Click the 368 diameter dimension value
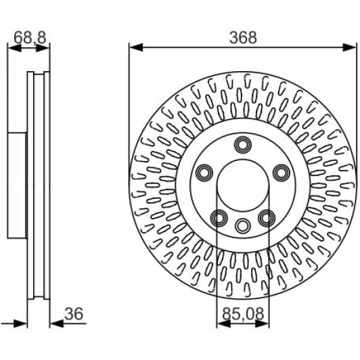[x=243, y=38]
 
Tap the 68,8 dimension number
[x=30, y=37]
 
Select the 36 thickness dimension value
[x=74, y=314]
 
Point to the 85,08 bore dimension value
[x=243, y=314]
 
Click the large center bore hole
[x=243, y=185]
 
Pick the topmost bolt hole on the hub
[x=243, y=145]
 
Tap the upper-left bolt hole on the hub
[x=204, y=173]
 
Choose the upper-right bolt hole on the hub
[x=282, y=173]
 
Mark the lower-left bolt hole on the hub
[x=219, y=218]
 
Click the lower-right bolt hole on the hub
[x=267, y=218]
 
